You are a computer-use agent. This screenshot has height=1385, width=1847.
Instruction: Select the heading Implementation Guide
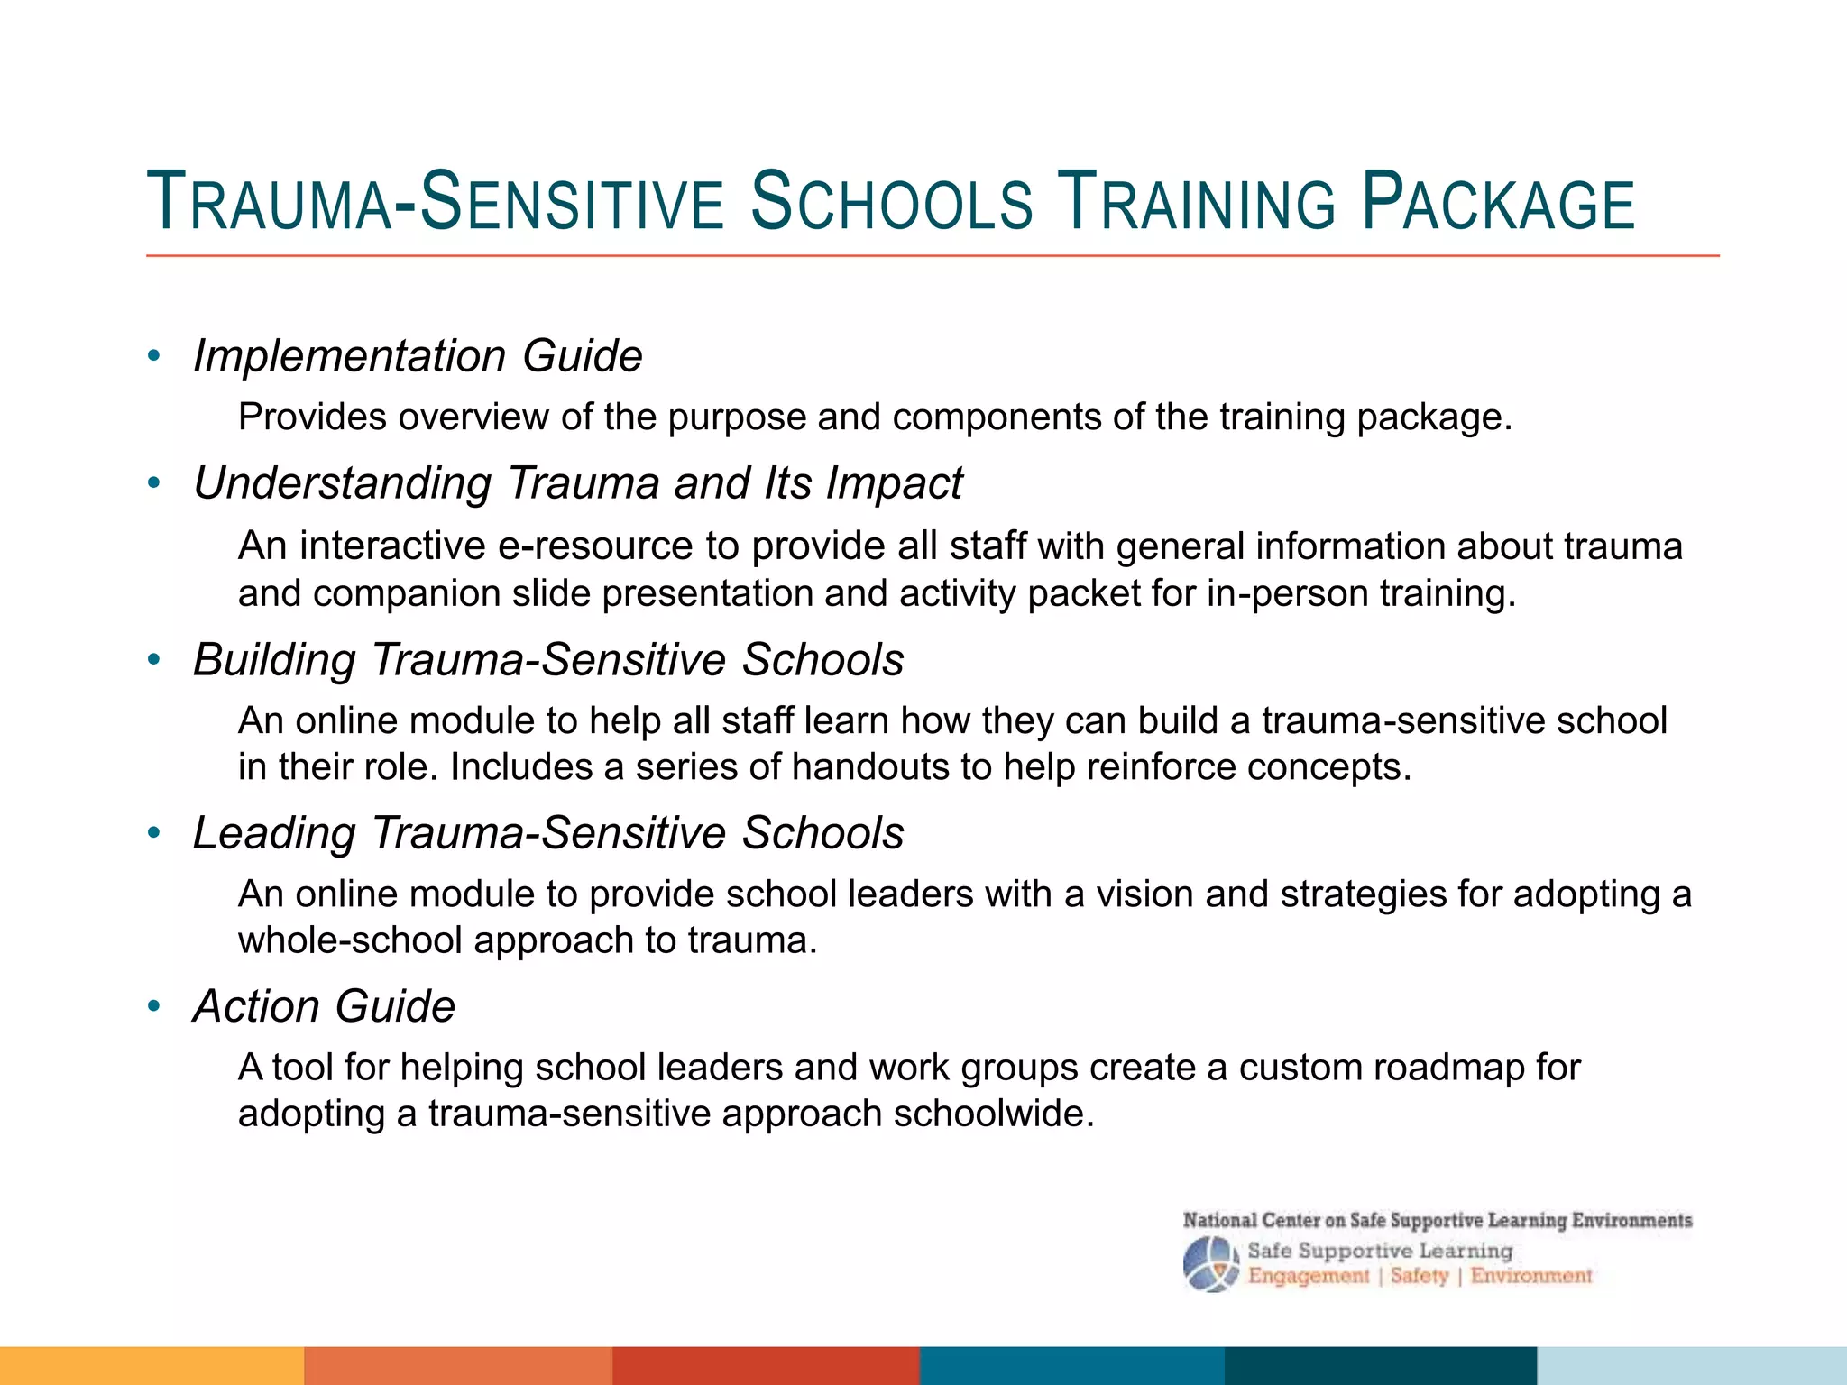point(418,356)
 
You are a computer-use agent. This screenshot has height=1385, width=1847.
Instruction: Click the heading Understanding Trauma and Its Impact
point(578,482)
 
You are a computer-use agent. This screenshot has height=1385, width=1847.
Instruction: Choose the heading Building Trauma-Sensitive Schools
point(548,659)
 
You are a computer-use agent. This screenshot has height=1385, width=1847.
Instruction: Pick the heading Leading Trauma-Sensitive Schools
point(548,832)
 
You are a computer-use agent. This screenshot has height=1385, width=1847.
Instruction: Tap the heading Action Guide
point(324,1005)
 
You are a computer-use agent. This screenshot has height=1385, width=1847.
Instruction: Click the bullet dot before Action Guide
point(154,1005)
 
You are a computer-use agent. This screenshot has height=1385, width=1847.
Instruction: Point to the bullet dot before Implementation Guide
point(154,356)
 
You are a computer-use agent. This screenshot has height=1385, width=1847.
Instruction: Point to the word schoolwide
point(994,1114)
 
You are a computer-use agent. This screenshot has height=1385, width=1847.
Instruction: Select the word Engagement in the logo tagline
point(1309,1277)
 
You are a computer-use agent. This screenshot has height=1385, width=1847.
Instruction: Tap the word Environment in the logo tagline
point(1531,1276)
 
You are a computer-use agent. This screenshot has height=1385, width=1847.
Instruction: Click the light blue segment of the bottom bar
point(1692,1366)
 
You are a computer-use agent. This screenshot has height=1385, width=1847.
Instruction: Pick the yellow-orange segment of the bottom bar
point(152,1366)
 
